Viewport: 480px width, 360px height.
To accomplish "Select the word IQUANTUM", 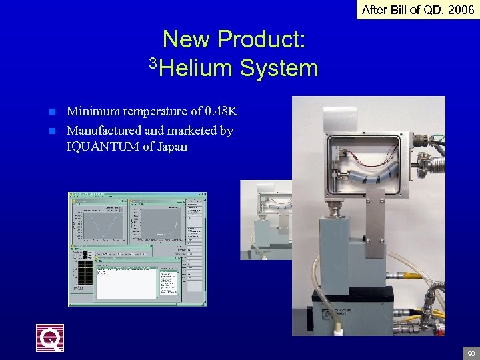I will tap(103, 147).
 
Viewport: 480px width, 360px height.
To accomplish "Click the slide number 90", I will tap(471, 353).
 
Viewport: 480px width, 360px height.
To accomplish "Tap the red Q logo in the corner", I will tap(50, 337).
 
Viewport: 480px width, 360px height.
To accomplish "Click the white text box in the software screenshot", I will tap(126, 283).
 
